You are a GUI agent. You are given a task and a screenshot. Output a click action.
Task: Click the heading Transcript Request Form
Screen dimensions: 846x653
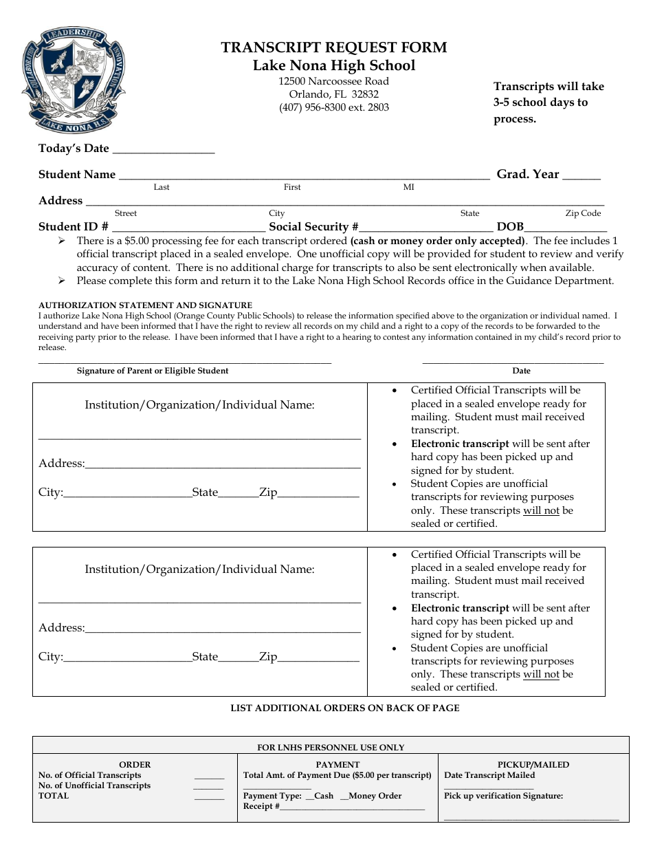tap(333, 47)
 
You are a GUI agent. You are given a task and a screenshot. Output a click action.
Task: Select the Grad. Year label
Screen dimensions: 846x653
tap(528, 174)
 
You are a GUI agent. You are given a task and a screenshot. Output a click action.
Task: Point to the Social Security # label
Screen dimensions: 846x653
tap(314, 226)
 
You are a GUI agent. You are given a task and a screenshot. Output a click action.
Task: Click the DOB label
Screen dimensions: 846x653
tap(510, 226)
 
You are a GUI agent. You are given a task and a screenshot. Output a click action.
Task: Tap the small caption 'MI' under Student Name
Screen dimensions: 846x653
tap(408, 187)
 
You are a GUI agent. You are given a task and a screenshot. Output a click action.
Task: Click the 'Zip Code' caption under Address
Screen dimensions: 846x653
tap(583, 213)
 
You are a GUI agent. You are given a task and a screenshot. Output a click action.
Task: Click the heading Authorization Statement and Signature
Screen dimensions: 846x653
tap(145, 305)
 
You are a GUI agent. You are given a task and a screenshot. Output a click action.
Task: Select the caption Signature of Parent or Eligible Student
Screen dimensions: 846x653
tap(153, 371)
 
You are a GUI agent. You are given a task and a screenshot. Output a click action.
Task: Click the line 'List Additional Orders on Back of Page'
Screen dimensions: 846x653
tap(344, 708)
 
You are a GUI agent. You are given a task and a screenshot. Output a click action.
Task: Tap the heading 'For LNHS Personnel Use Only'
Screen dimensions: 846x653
tap(331, 747)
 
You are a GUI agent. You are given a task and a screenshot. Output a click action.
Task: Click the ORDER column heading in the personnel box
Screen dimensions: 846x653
tap(135, 764)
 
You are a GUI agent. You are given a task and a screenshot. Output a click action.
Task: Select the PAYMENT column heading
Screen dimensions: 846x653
tap(337, 764)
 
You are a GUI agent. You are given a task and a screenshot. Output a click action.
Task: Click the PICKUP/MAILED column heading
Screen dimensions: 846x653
tap(533, 764)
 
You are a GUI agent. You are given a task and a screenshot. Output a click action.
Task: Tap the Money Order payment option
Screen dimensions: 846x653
tap(374, 796)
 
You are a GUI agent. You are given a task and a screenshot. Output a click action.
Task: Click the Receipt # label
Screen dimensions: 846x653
tap(261, 806)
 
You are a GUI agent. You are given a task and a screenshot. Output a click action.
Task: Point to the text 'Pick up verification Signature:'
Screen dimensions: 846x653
tap(503, 796)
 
